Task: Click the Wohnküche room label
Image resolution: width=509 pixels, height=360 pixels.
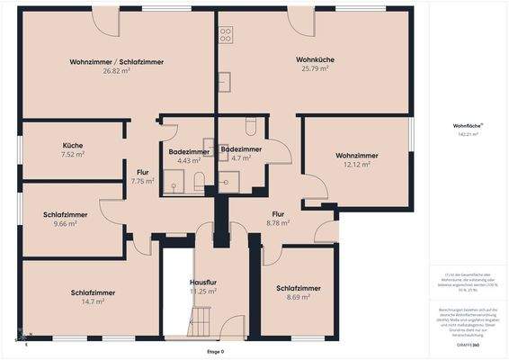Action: [315, 60]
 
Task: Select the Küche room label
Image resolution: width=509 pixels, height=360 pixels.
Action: [73, 145]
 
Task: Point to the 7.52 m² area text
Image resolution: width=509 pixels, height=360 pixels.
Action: [73, 154]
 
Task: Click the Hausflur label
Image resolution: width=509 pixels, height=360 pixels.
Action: [206, 283]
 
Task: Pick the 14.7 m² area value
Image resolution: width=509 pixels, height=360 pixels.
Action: [93, 301]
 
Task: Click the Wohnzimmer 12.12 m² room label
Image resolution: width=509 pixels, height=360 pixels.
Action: [356, 156]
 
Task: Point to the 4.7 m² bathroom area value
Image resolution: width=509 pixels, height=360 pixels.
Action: [241, 157]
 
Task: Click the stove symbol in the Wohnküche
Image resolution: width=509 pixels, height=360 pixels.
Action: [226, 35]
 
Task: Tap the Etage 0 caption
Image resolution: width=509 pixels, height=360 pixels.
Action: [215, 351]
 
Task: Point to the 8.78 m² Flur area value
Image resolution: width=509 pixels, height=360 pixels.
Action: [278, 222]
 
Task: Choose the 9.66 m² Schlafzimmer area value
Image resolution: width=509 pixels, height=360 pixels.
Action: [65, 223]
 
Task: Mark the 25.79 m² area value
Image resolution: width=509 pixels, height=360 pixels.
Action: [315, 69]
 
